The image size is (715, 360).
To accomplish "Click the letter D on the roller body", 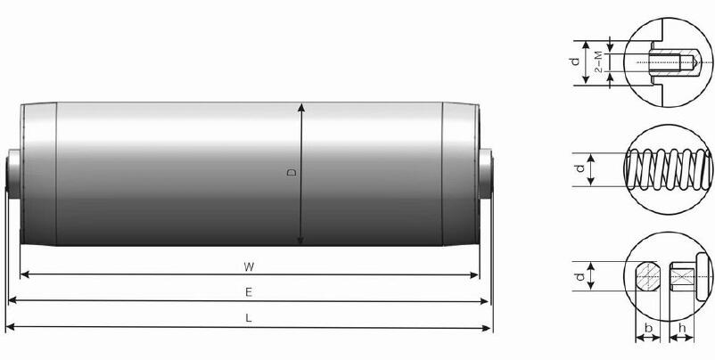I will [x=292, y=173].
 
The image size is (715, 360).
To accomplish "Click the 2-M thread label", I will [x=599, y=61].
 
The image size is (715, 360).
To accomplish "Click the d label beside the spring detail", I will [x=578, y=168].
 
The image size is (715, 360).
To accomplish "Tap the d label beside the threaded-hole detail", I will [x=576, y=61].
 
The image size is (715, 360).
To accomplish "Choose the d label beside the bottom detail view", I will [x=577, y=277].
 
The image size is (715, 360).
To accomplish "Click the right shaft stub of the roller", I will [x=486, y=171].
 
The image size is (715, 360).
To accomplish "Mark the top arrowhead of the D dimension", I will [x=301, y=106].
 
